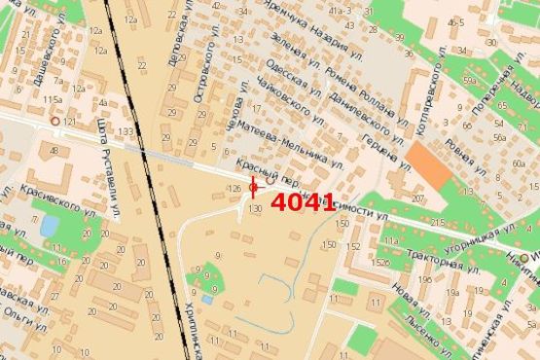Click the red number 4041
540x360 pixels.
(304, 203)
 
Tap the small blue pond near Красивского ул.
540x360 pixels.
(48, 227)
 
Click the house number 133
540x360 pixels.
(125, 131)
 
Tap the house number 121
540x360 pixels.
(68, 122)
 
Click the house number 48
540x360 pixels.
(54, 150)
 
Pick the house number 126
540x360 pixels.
(233, 187)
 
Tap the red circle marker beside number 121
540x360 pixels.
(55, 122)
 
